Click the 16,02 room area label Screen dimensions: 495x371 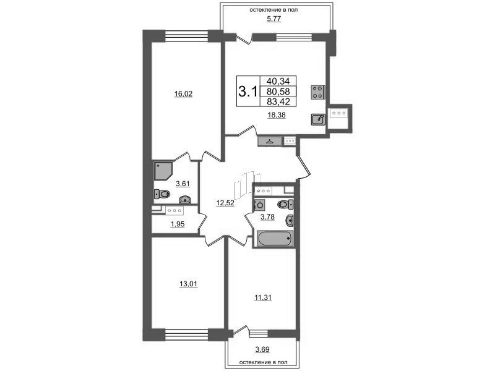coord(183,94)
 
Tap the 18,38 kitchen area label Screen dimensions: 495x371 coord(277,115)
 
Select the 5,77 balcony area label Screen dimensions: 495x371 coord(273,19)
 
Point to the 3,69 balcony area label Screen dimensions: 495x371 coord(262,349)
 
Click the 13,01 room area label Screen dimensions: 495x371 coord(188,284)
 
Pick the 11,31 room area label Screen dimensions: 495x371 coord(263,297)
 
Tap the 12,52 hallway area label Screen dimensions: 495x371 coord(225,203)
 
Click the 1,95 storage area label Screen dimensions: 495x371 coord(178,224)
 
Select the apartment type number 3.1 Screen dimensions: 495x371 coord(248,92)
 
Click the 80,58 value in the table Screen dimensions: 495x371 coord(278,92)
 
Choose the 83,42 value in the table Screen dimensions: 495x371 coord(278,101)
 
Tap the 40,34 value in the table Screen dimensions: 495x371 coord(278,81)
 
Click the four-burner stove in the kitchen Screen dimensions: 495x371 coord(318,92)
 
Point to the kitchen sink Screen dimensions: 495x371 coord(318,119)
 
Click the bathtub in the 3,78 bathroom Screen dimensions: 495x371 coord(275,239)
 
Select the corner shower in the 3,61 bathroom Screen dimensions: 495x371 coord(163,171)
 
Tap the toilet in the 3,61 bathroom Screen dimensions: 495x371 coord(162,194)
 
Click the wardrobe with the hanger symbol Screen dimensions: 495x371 coord(270,142)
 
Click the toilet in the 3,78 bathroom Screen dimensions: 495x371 coord(285,205)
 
